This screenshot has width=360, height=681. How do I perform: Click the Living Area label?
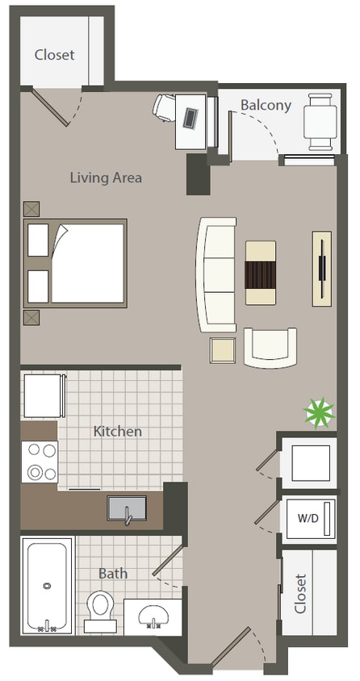[x=106, y=178]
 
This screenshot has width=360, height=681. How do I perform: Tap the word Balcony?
[x=266, y=105]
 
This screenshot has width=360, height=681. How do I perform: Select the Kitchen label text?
[x=118, y=431]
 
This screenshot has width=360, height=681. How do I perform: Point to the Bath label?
[x=112, y=573]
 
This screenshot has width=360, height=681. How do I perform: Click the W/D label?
[x=307, y=517]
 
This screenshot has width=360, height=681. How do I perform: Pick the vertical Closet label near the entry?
[x=301, y=594]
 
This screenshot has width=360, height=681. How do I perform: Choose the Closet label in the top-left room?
[x=54, y=55]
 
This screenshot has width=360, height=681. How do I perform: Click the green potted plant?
[x=318, y=414]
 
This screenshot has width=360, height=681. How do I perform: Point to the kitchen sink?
[x=127, y=509]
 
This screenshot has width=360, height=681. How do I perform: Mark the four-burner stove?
[x=40, y=462]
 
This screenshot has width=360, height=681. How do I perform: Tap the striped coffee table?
[x=261, y=273]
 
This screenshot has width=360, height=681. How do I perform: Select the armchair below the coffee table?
[x=270, y=346]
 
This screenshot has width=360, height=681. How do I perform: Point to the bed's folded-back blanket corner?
[x=61, y=240]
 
